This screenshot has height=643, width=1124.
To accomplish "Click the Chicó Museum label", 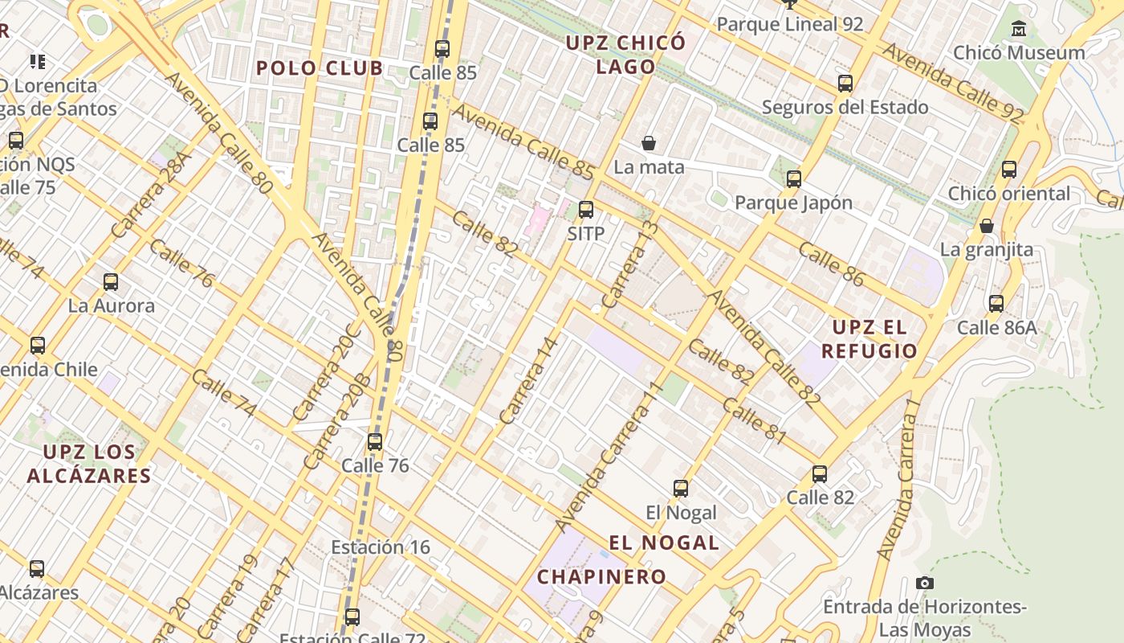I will point(1019,53).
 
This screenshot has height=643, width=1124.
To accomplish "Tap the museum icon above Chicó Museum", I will point(1019,29).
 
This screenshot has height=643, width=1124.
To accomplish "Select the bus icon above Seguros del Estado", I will point(845,84).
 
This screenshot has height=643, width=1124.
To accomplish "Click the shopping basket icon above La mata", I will point(649,144).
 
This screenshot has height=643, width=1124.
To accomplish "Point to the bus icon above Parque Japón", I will point(794,179).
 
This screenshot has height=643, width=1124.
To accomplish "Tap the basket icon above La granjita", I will point(987,227).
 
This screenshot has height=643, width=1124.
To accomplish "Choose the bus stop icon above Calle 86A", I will point(996,304).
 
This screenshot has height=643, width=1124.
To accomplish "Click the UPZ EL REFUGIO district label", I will point(869,339).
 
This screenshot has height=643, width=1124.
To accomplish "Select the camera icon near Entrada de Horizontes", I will point(925,583).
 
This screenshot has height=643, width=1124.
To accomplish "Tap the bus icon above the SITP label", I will point(586,210).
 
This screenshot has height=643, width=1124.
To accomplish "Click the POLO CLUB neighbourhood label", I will point(320,68).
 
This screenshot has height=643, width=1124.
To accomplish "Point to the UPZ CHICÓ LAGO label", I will point(626,55).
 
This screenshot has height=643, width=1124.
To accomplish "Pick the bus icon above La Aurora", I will point(111,282).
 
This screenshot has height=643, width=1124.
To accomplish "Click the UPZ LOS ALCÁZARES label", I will point(88,463).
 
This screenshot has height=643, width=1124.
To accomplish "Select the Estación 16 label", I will point(381,547).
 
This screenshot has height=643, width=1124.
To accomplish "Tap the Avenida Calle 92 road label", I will point(953,83).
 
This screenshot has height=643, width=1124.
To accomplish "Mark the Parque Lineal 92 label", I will point(789,24).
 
